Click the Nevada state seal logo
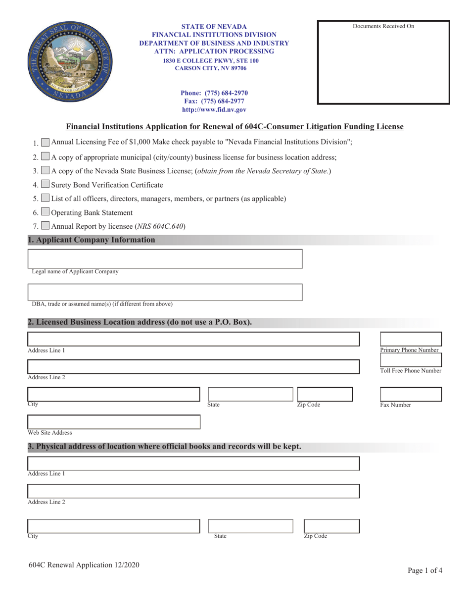pos(70,62)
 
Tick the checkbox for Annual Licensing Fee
pos(45,142)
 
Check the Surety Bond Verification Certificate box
pos(45,185)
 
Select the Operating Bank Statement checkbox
pos(45,212)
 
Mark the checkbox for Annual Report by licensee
pos(45,226)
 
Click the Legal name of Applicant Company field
pos(165,259)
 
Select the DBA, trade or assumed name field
pos(165,292)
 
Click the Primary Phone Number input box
pos(411,339)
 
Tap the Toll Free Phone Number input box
pos(411,360)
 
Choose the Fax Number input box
pos(411,394)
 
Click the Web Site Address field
pos(114,422)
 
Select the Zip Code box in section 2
pos(325,394)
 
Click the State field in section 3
pos(250,526)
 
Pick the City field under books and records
pos(114,526)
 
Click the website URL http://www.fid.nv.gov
pos(214,110)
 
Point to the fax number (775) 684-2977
pos(214,101)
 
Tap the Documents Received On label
pos(383,26)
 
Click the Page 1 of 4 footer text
pos(425,570)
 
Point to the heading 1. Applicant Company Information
pos(92,240)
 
